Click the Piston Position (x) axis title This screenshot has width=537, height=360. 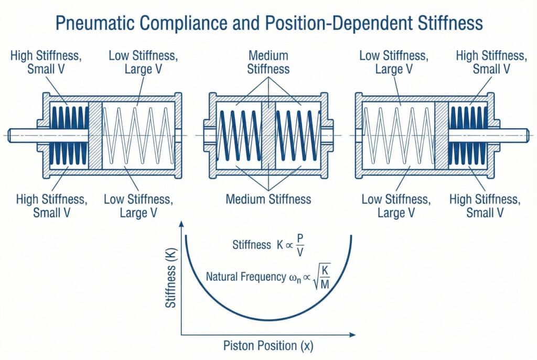(x=268, y=346)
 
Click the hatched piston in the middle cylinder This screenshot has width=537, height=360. (x=268, y=134)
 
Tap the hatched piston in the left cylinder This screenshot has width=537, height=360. (x=95, y=135)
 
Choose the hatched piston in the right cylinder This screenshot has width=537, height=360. (x=442, y=135)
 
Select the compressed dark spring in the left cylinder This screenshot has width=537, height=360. (x=69, y=135)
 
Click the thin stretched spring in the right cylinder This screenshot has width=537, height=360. (x=399, y=135)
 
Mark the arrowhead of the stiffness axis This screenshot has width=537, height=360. (x=181, y=224)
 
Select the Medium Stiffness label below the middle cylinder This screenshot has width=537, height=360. (x=268, y=199)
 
